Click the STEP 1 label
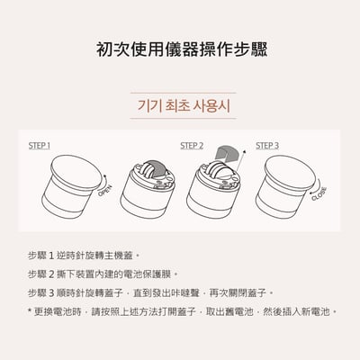tap(39, 145)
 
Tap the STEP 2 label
tap(192, 145)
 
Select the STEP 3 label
tap(267, 145)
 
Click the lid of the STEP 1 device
tap(76, 171)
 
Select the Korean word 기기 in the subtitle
tap(146, 105)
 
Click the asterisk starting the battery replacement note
tap(30, 311)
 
